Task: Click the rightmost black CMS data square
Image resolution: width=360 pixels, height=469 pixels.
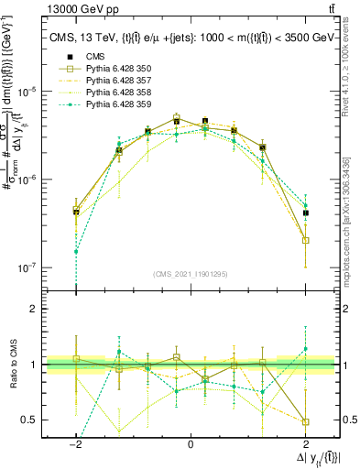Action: pos(305,213)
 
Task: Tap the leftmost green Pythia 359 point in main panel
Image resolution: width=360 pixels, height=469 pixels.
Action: pos(76,251)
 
